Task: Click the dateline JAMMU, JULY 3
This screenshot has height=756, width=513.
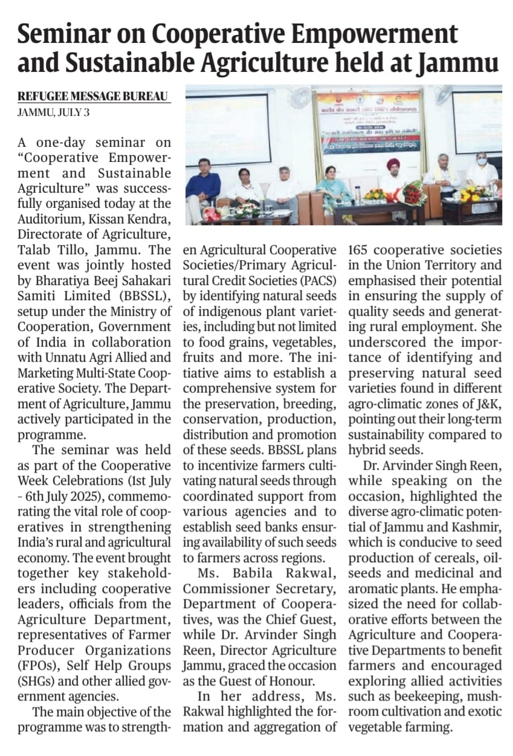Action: [x=54, y=113]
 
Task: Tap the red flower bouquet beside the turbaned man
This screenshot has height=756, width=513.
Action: [x=415, y=193]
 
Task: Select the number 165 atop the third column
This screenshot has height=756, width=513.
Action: [x=361, y=249]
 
